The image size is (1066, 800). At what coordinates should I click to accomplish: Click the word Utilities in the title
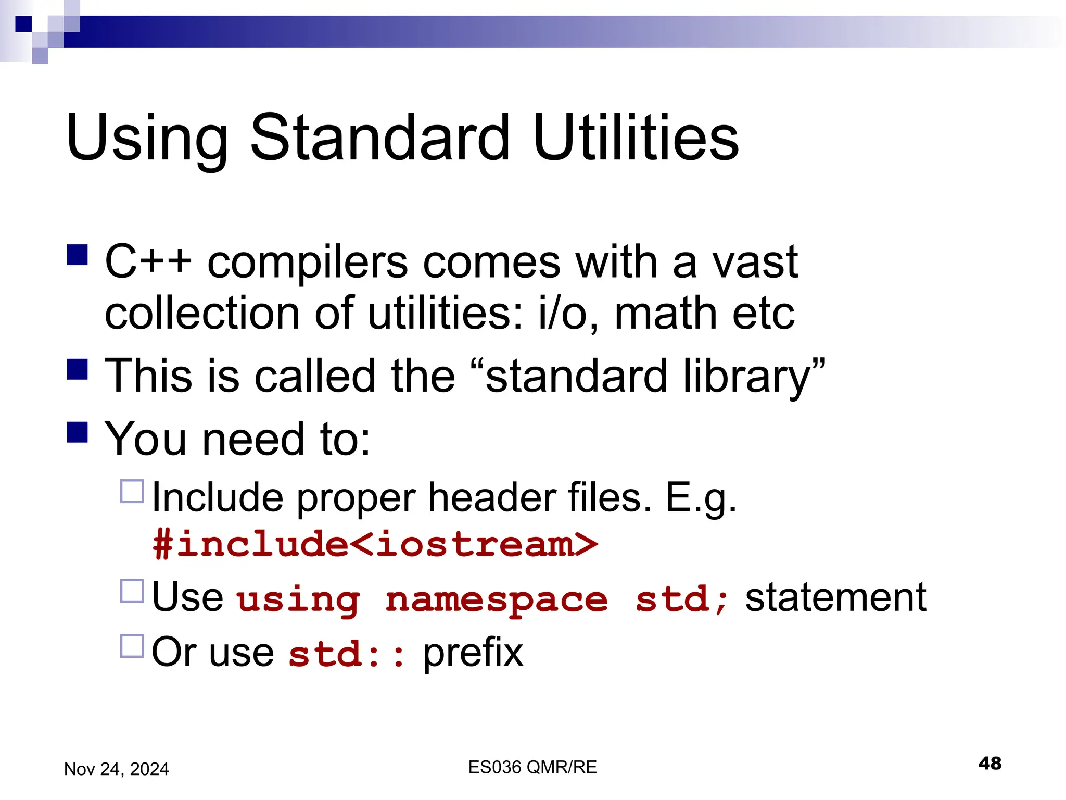636,137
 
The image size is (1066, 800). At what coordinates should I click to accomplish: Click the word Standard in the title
380,137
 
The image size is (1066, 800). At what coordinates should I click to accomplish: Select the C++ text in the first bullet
148,261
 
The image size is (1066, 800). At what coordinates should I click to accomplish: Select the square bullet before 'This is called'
78,369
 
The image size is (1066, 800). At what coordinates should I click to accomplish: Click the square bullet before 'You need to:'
78,432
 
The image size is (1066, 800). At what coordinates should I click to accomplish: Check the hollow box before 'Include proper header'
132,491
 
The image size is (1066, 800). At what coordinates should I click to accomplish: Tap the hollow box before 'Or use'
132,646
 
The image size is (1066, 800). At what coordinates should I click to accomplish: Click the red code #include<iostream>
375,544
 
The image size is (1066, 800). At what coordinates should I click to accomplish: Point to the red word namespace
497,599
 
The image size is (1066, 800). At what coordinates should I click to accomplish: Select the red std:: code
347,654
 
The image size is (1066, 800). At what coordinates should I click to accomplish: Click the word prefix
473,653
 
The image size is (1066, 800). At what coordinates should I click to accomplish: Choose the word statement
835,597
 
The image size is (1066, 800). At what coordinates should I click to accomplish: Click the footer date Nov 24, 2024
117,769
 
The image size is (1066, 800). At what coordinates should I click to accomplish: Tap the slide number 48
989,764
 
